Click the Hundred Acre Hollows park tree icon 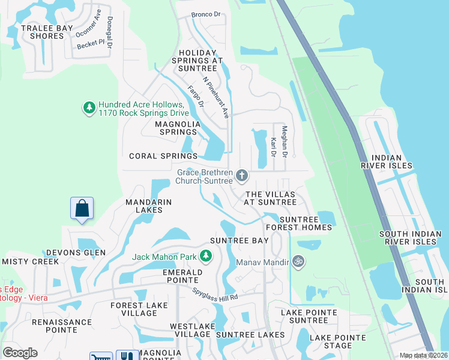(x=89, y=107)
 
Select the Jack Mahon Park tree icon (x=206, y=257)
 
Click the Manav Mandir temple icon (x=297, y=261)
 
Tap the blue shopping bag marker (x=82, y=209)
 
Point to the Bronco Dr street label (x=206, y=14)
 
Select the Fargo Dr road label (x=196, y=97)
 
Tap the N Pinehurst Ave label (x=215, y=97)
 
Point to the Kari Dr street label (x=273, y=147)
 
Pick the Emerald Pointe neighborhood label (x=172, y=275)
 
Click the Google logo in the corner (x=20, y=353)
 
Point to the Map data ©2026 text (x=423, y=355)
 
